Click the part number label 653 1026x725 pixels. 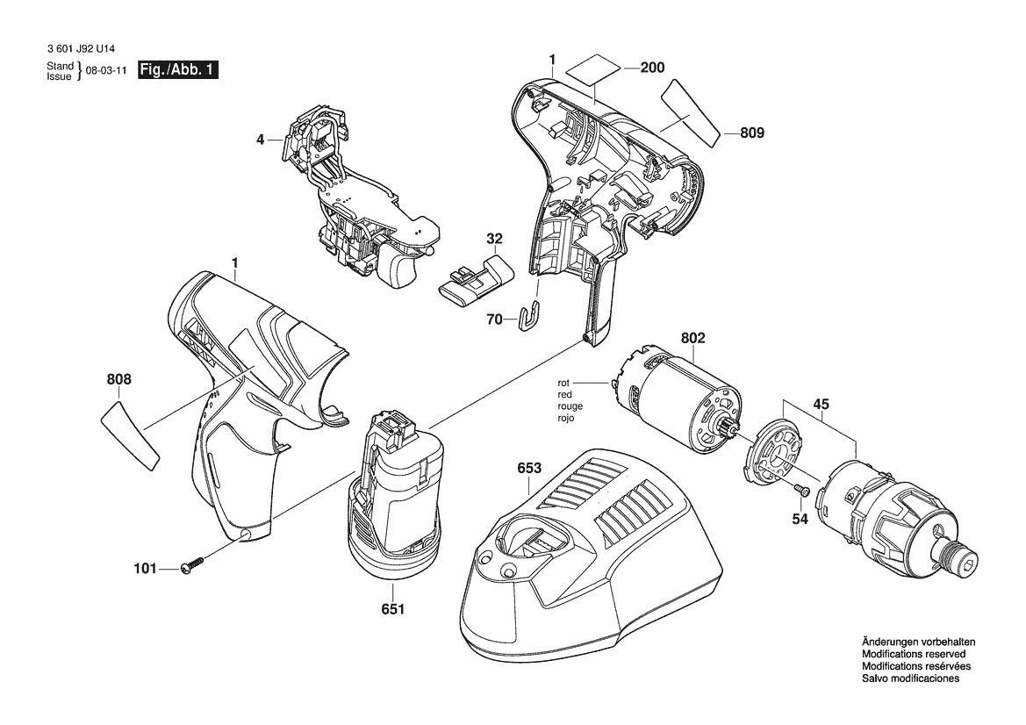click(528, 469)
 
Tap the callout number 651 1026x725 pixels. click(393, 608)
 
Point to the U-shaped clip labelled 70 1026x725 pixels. click(530, 317)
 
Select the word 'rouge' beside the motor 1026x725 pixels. click(570, 406)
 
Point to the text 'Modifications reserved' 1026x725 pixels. click(913, 654)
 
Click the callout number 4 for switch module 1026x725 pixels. click(261, 139)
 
